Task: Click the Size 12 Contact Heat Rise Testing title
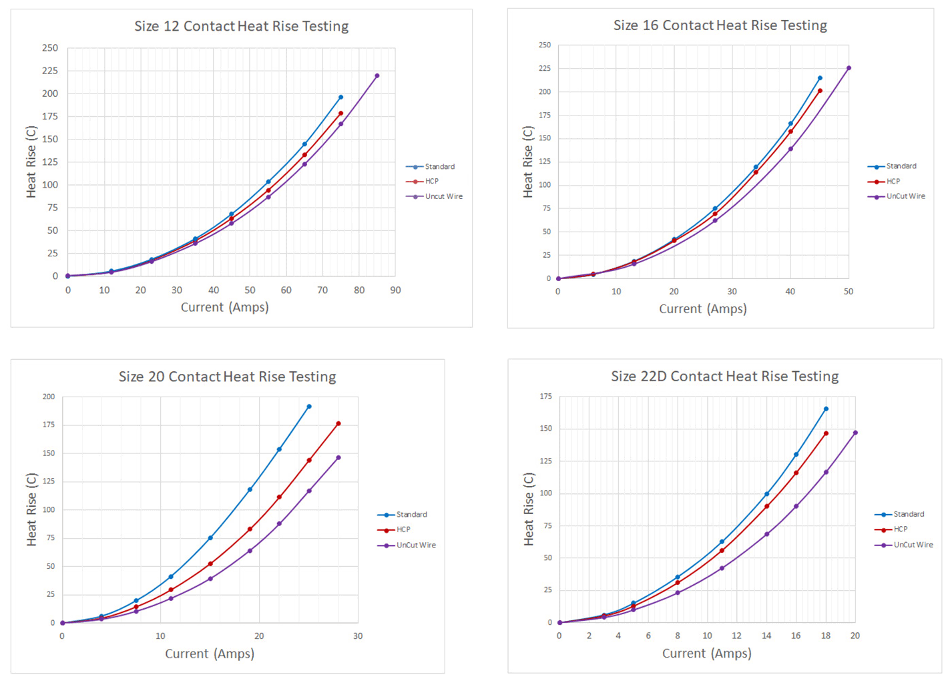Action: click(x=241, y=26)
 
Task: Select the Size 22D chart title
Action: click(x=724, y=376)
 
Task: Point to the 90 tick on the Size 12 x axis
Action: click(x=395, y=290)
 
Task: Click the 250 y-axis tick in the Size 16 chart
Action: click(x=545, y=45)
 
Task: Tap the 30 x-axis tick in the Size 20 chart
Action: click(x=358, y=636)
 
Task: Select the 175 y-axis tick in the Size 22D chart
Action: click(x=545, y=397)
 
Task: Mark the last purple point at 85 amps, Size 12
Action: click(x=377, y=76)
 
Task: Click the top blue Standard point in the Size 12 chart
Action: click(x=340, y=97)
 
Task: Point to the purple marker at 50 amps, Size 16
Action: click(x=849, y=68)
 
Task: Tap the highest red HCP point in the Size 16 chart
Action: click(x=820, y=91)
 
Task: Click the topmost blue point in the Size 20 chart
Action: click(x=309, y=407)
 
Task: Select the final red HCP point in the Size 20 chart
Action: click(x=338, y=424)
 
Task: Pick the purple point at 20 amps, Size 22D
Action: click(x=855, y=433)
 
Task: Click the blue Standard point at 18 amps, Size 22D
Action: click(x=826, y=409)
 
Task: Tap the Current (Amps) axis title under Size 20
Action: click(x=210, y=654)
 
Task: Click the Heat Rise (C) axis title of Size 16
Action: click(x=528, y=162)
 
